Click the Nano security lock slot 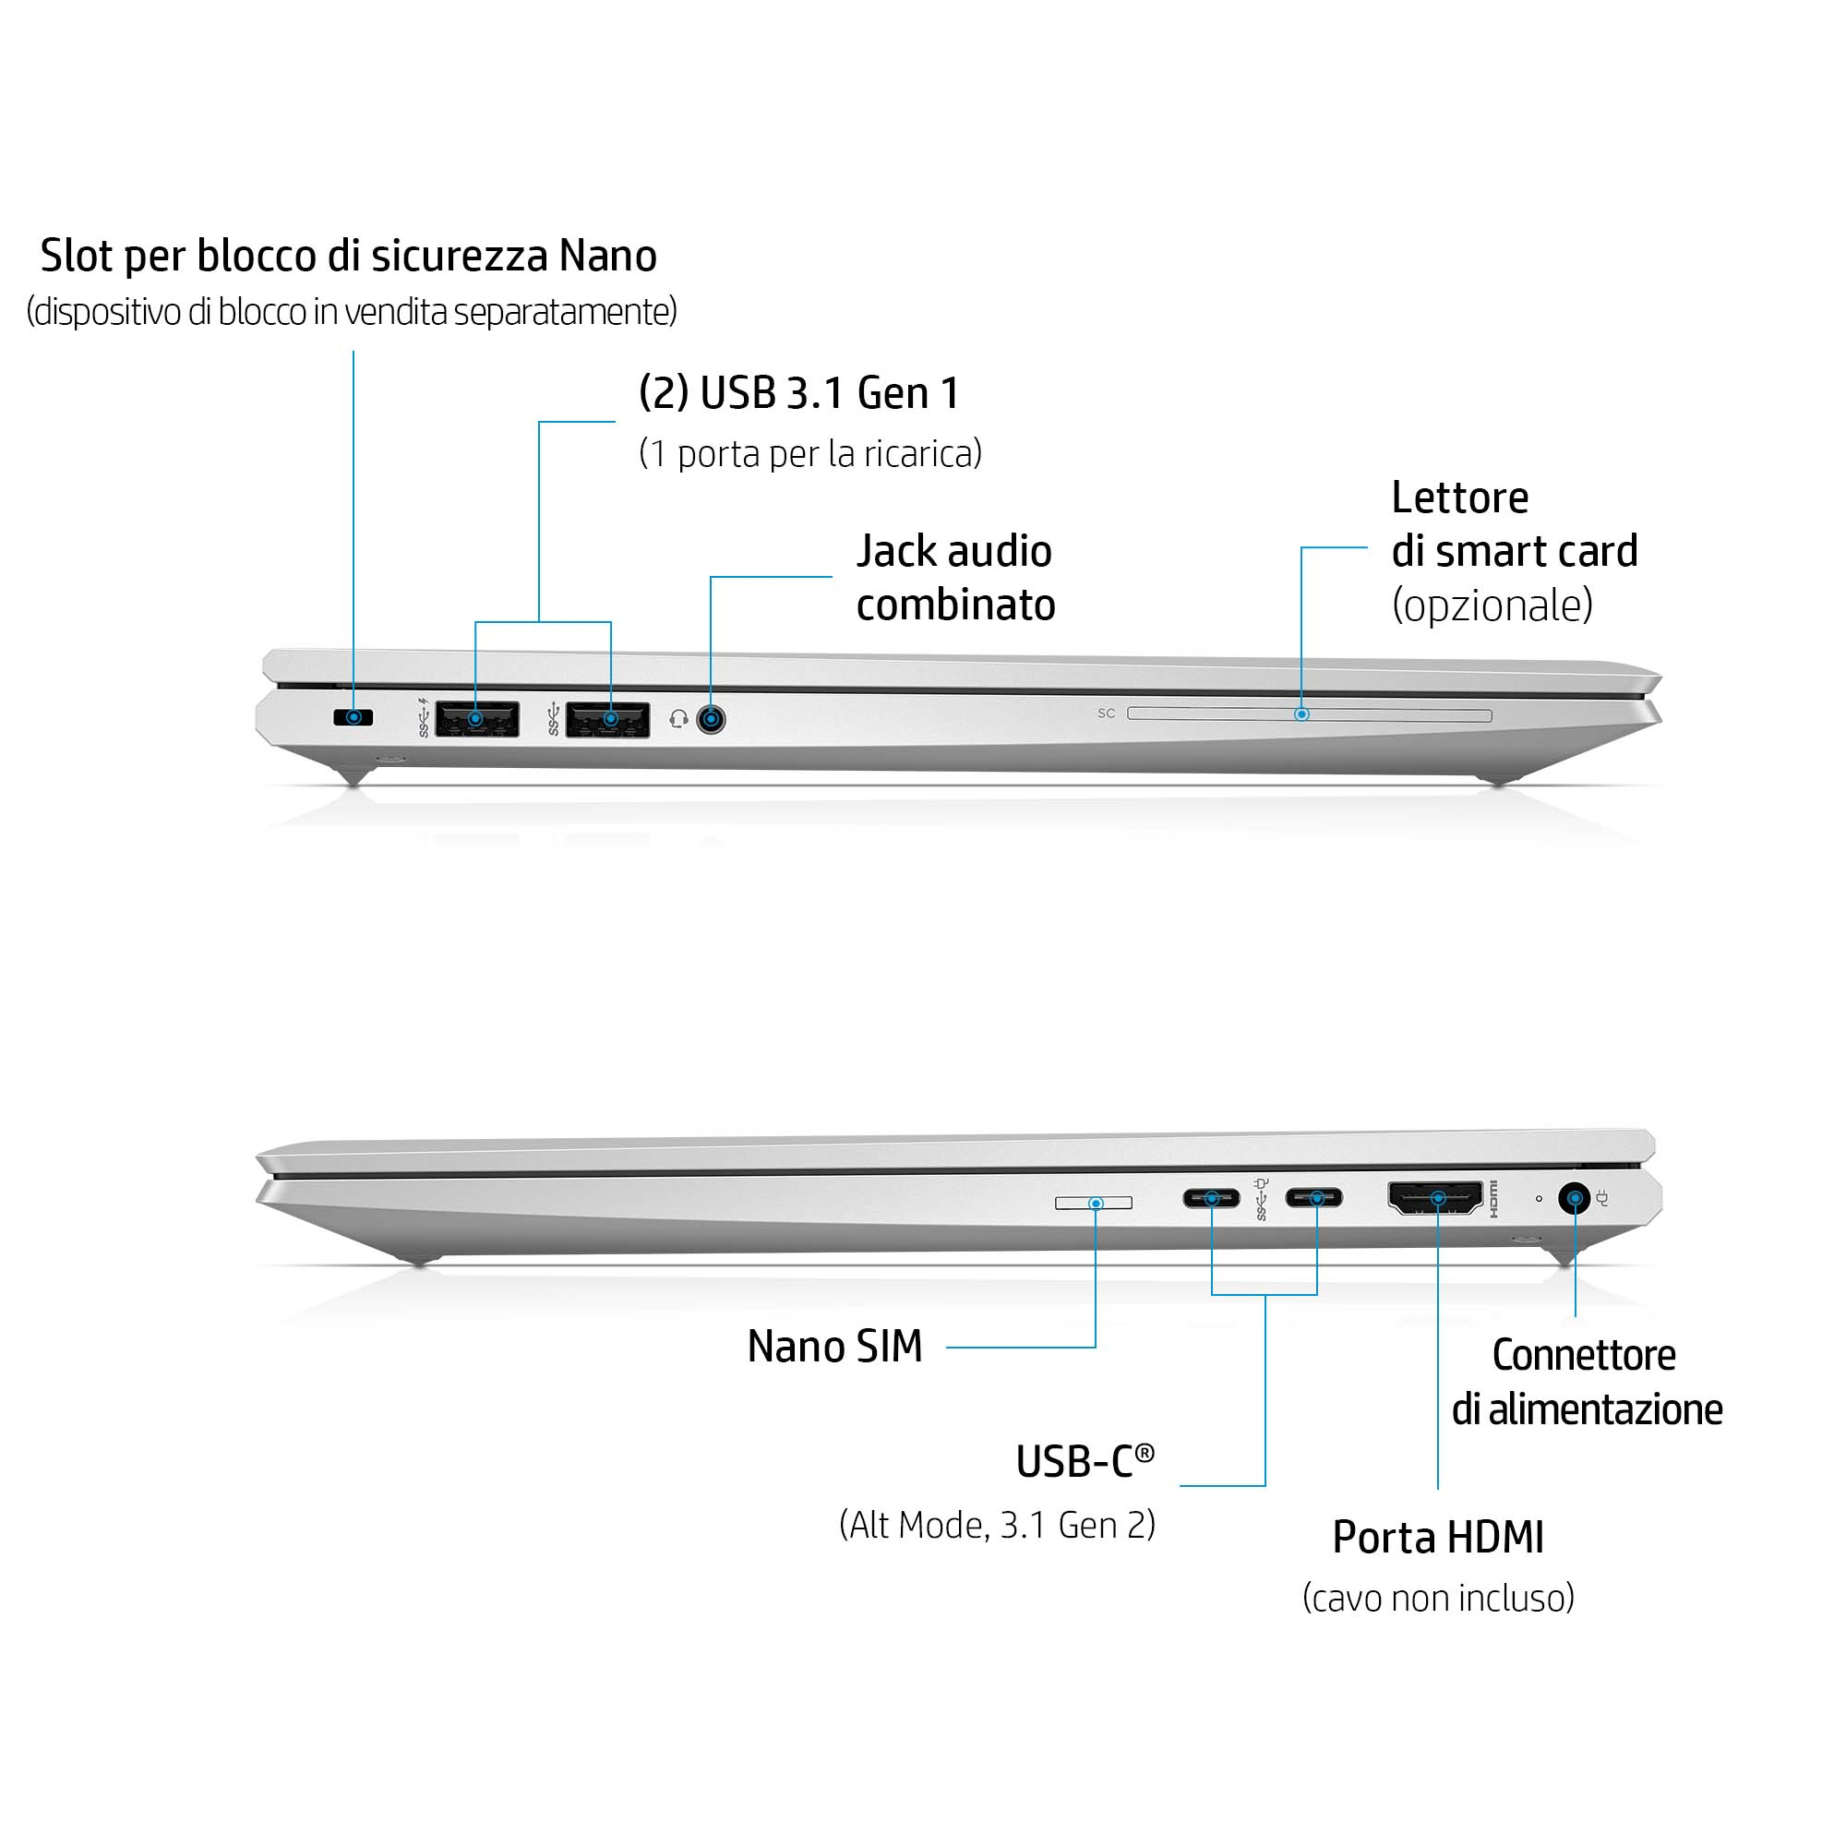[353, 717]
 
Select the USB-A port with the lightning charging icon [477, 718]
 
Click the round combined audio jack [711, 718]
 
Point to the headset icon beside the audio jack [678, 718]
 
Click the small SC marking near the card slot [1107, 713]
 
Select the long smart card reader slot [1309, 714]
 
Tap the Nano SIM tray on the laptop [1093, 1203]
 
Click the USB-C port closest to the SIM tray [1211, 1198]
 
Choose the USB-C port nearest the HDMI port [1313, 1197]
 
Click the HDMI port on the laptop [1436, 1198]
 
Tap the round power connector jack [1574, 1198]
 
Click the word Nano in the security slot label [607, 256]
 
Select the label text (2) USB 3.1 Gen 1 [798, 392]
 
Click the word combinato [955, 605]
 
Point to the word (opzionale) [1492, 605]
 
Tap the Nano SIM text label [835, 1347]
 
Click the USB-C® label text [1085, 1461]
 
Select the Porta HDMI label [1438, 1538]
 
